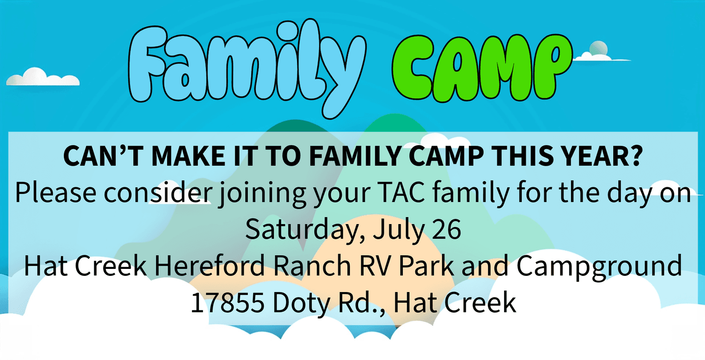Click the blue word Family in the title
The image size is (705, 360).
[x=247, y=67]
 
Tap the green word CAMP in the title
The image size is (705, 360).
[x=482, y=68]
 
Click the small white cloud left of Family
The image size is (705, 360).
[x=43, y=77]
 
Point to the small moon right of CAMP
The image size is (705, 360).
[x=598, y=48]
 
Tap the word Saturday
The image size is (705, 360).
[x=303, y=229]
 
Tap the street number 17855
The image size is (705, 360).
[x=228, y=303]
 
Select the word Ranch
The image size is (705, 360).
[x=312, y=265]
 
